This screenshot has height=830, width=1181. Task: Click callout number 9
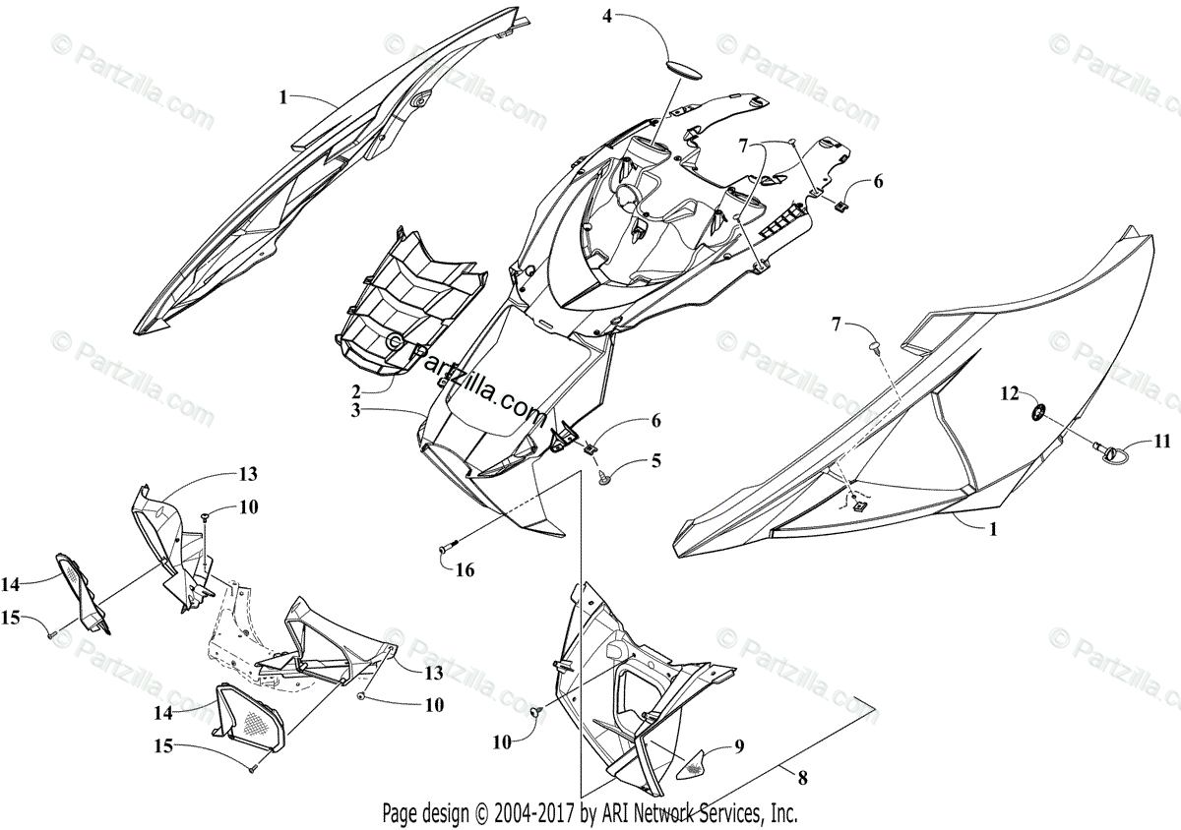pos(738,746)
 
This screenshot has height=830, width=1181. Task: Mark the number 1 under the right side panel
pos(992,528)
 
